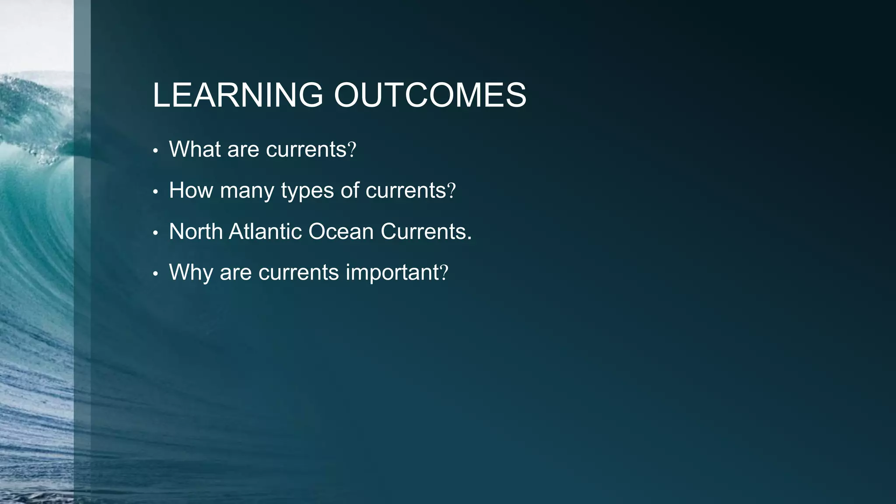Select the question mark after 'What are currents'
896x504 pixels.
coord(352,150)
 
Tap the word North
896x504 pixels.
coord(196,231)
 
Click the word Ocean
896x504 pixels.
coord(341,231)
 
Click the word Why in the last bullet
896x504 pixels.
coord(191,273)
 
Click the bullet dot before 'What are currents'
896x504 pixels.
coord(155,151)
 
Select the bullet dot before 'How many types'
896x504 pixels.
coord(155,192)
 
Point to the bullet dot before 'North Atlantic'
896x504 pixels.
coord(155,234)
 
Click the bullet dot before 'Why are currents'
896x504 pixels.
coord(155,275)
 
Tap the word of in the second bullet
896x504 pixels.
coord(350,190)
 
